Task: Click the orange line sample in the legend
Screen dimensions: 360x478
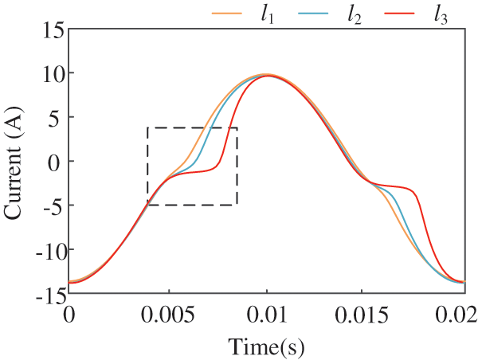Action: coord(226,13)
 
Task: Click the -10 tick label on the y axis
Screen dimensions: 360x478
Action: coord(43,250)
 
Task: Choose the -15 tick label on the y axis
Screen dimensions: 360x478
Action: coord(43,295)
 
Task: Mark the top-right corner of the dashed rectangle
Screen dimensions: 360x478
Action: coord(237,127)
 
